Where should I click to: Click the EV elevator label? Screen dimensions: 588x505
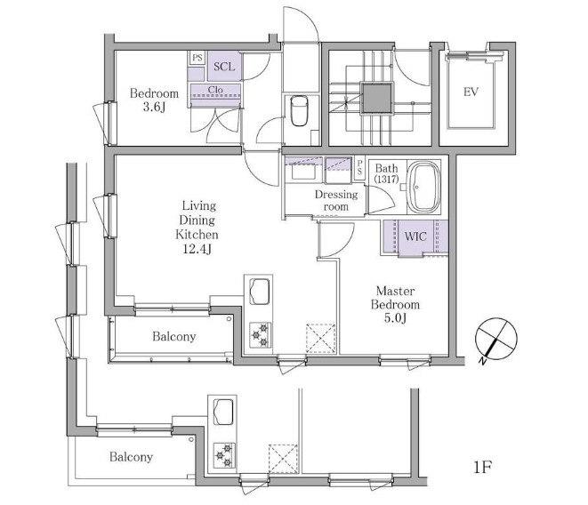471,92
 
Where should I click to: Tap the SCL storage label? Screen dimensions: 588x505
224,67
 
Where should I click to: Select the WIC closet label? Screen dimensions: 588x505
415,236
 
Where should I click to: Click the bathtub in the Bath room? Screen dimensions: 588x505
423,187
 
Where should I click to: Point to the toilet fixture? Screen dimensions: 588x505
299,110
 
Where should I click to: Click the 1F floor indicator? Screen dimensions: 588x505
482,467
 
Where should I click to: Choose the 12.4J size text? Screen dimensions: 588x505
197,249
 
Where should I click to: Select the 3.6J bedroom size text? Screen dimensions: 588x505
154,108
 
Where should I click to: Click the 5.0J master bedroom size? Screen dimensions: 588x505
395,318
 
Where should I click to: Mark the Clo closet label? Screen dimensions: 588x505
215,90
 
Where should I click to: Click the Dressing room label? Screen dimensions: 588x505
336,200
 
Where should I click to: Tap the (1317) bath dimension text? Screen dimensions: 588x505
386,179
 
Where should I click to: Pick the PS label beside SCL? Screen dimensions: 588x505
197,58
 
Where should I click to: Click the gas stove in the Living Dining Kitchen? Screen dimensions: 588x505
260,335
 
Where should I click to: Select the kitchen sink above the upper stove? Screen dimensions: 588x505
258,291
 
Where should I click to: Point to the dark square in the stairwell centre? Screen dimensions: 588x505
378,98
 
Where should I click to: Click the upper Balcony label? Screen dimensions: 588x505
174,336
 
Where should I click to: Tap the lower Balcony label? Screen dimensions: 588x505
131,457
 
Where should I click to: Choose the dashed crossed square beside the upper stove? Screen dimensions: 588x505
321,338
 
